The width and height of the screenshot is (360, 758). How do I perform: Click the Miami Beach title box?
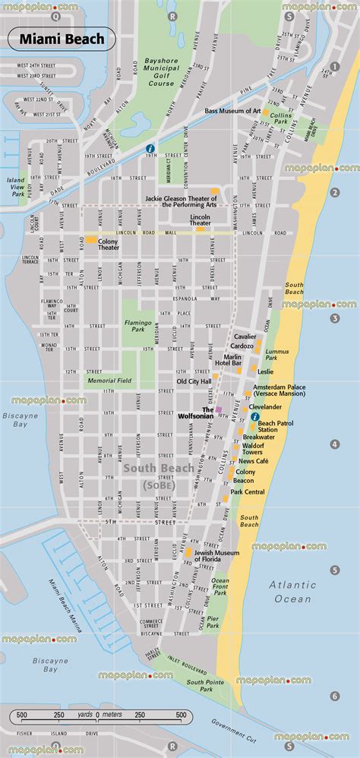point(63,39)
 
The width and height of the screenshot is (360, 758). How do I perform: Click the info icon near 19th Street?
point(150,148)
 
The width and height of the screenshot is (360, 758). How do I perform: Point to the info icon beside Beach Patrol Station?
point(254,416)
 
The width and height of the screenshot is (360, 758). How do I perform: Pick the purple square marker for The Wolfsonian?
point(219,409)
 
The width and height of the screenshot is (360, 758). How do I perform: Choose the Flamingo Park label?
point(138,327)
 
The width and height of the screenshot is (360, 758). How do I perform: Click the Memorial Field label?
point(110,381)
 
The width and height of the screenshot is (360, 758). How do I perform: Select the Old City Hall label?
point(194,381)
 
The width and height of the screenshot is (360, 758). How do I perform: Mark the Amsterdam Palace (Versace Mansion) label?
point(279,390)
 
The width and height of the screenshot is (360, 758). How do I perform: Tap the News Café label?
point(254,461)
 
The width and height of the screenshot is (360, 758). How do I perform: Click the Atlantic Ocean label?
point(293,592)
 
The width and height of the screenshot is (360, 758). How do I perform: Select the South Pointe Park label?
point(201,686)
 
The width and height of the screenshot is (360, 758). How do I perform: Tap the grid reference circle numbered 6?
point(334,696)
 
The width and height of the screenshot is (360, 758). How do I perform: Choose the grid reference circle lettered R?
point(172,16)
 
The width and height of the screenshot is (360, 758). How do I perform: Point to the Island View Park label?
point(17,188)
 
